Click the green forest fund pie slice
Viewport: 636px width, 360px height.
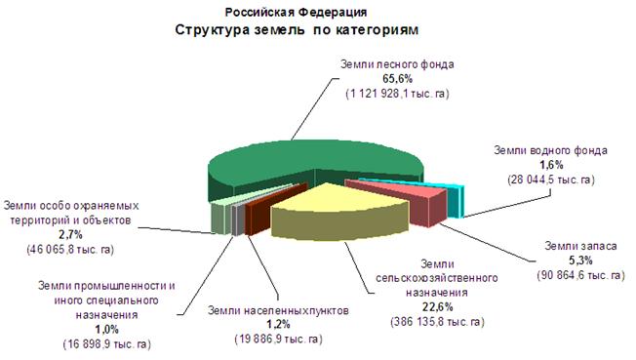pyautogui.click(x=284, y=162)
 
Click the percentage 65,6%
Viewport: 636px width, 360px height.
pyautogui.click(x=398, y=79)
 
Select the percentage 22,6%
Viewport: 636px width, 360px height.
pyautogui.click(x=437, y=307)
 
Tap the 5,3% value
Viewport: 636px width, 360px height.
pyautogui.click(x=580, y=260)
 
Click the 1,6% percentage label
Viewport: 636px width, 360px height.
pyautogui.click(x=551, y=165)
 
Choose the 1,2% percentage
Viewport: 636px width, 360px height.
pyautogui.click(x=278, y=324)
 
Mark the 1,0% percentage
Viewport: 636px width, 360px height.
pyautogui.click(x=106, y=329)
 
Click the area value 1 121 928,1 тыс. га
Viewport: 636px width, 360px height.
pyautogui.click(x=398, y=94)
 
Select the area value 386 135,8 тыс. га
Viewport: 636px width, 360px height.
pyautogui.click(x=437, y=322)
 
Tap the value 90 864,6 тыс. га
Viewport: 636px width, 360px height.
pyautogui.click(x=580, y=275)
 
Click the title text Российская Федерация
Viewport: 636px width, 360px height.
pyautogui.click(x=297, y=13)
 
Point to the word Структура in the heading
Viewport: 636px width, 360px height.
pyautogui.click(x=212, y=30)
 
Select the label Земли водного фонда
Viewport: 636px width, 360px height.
pyautogui.click(x=550, y=150)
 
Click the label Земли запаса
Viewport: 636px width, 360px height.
pyautogui.click(x=580, y=246)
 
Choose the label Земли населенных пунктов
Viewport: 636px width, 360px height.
pyautogui.click(x=278, y=311)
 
